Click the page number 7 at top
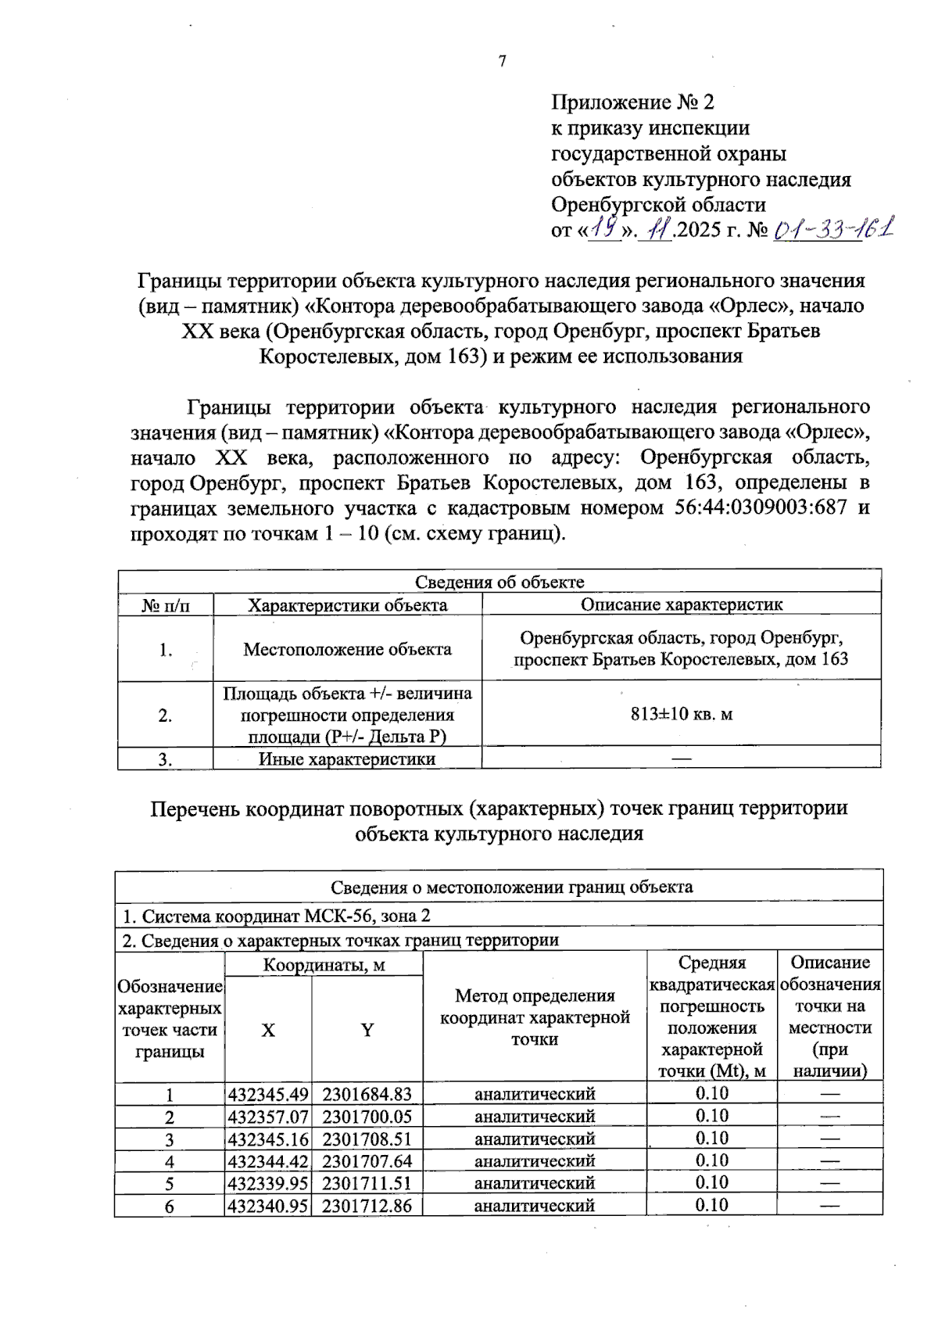click(502, 61)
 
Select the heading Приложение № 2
click(632, 102)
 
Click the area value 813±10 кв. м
click(682, 714)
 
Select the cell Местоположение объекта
click(347, 649)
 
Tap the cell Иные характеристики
click(347, 759)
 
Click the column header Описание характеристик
click(682, 604)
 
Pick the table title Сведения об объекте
click(499, 582)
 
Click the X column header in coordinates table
click(268, 1031)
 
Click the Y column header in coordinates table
click(367, 1031)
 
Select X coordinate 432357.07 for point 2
click(268, 1117)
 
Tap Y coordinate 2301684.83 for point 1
click(367, 1094)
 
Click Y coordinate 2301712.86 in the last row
click(367, 1206)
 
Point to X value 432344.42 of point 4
click(268, 1161)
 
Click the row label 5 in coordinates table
click(170, 1184)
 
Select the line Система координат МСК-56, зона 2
click(277, 916)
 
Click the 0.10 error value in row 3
click(711, 1139)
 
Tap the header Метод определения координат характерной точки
click(535, 1017)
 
